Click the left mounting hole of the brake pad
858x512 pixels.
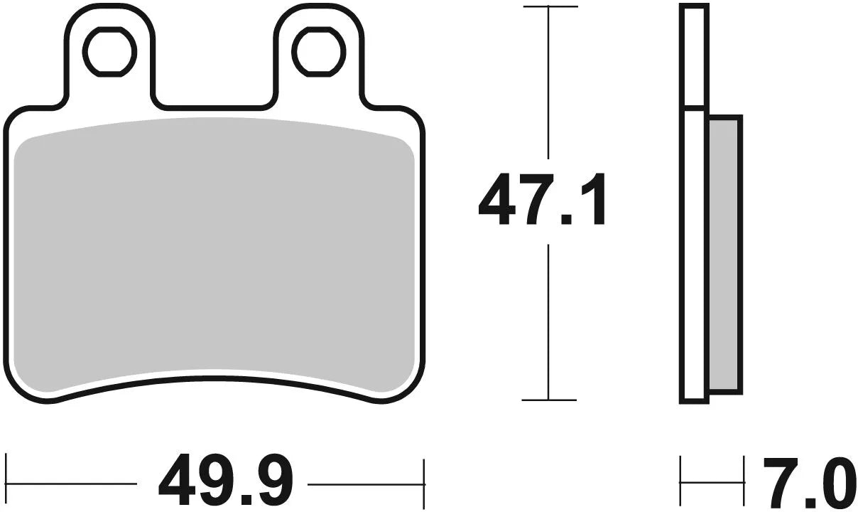(109, 52)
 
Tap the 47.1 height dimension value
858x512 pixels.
(542, 201)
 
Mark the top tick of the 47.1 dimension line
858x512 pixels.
(549, 6)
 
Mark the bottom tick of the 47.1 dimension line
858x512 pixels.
(549, 400)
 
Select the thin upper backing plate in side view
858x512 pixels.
(693, 57)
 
